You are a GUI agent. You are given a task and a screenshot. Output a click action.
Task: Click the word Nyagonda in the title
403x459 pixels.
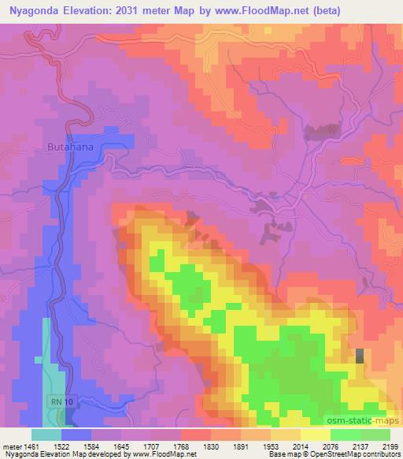(35, 9)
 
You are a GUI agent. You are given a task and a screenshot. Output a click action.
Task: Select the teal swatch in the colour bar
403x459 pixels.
(46, 435)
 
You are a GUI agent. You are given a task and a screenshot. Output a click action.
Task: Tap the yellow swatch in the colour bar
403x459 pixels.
(316, 435)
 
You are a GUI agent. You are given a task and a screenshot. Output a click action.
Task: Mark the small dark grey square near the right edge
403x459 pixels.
(360, 356)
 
